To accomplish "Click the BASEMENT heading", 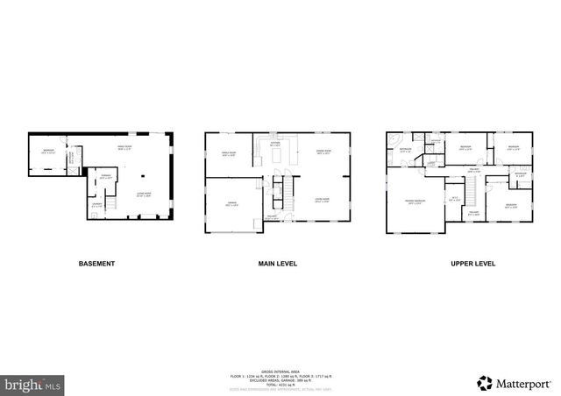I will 96,263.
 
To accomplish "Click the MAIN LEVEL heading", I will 275,263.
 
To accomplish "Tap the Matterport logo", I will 513,383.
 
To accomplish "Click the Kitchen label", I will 274,142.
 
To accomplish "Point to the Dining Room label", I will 323,152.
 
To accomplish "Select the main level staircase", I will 282,187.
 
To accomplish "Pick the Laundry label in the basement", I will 96,205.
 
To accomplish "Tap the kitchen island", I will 280,155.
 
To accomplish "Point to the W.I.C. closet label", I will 452,198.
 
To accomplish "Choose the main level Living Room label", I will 323,200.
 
